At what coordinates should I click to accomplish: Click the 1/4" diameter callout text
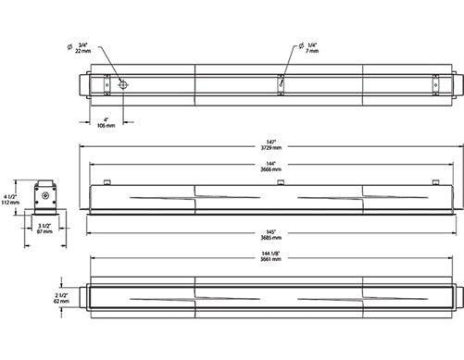pyautogui.click(x=312, y=45)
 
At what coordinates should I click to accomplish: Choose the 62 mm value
pyautogui.click(x=63, y=302)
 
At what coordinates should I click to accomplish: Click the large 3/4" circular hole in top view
pyautogui.click(x=123, y=84)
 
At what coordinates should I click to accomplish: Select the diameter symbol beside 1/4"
pyautogui.click(x=300, y=46)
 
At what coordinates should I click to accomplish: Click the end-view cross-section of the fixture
pyautogui.click(x=45, y=199)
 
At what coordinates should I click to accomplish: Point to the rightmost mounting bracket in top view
pyautogui.click(x=435, y=84)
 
